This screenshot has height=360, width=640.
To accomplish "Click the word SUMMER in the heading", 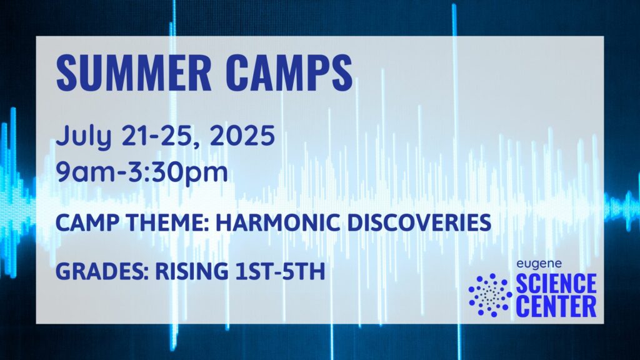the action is point(134,73).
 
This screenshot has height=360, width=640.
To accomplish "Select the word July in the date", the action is point(84,136).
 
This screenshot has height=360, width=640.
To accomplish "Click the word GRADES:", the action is point(102,271).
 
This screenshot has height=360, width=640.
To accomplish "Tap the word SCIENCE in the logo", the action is point(556,284).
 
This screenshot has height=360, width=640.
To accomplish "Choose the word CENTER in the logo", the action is point(556,306).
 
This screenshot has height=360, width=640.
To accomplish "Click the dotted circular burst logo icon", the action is point(490,295).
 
